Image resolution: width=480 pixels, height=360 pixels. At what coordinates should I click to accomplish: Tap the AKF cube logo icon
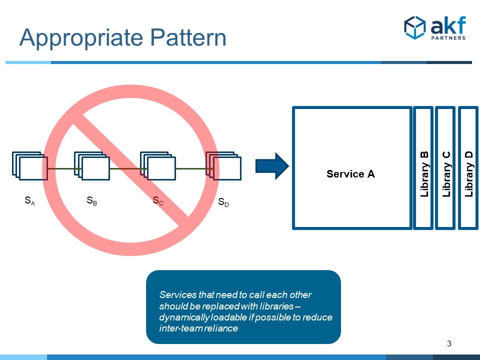tap(414, 27)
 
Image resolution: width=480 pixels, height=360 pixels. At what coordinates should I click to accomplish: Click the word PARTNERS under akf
tap(448, 38)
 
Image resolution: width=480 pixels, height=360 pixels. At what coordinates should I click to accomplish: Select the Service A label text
tap(350, 174)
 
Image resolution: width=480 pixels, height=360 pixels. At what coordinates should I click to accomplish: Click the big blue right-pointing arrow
tap(272, 166)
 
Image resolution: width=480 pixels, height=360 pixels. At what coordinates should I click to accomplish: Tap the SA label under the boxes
tap(29, 201)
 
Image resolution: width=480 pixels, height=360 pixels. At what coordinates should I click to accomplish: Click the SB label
tap(91, 201)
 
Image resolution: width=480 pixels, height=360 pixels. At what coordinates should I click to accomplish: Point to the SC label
tap(157, 201)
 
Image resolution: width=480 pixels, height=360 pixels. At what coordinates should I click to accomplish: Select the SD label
tap(223, 202)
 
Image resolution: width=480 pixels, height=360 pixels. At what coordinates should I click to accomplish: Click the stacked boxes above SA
tap(29, 165)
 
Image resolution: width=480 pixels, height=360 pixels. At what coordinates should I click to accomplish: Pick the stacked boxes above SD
tap(224, 165)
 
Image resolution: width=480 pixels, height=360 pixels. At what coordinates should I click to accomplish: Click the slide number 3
tap(449, 343)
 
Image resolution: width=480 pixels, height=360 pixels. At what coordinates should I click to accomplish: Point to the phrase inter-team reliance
tap(198, 328)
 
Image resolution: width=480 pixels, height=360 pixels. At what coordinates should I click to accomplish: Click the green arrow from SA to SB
tap(64, 169)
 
